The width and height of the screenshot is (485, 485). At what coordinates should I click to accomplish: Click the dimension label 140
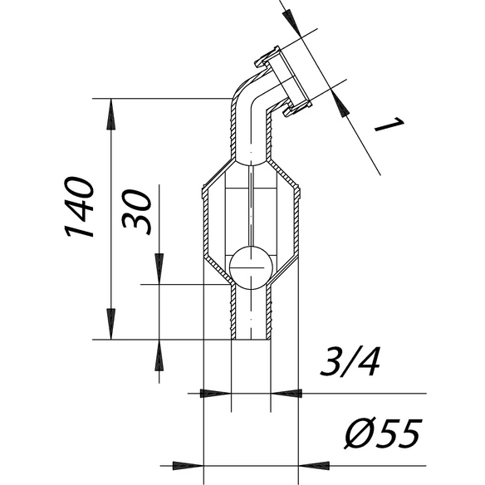pos(79,207)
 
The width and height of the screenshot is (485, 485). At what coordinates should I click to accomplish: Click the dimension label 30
pos(136,213)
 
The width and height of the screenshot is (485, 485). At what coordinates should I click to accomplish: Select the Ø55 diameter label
pos(383,434)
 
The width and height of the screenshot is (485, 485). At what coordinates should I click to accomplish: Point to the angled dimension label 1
pos(389,125)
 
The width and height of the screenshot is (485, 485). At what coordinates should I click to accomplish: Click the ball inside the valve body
pos(251,267)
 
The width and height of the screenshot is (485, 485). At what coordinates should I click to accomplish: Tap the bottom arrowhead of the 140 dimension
pos(111,324)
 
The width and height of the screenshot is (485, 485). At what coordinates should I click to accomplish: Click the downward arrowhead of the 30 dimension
pos(159,268)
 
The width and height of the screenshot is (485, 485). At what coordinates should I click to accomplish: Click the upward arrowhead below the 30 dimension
pos(159,355)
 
